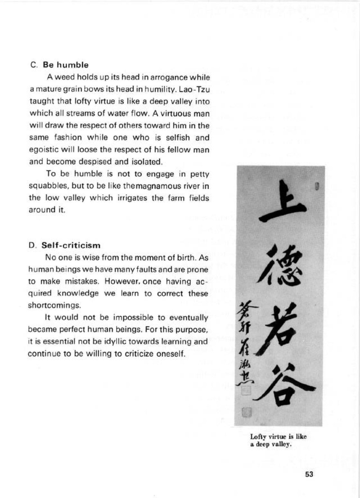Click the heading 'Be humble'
point(66,65)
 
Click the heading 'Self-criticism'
point(71,245)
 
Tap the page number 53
point(309,474)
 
